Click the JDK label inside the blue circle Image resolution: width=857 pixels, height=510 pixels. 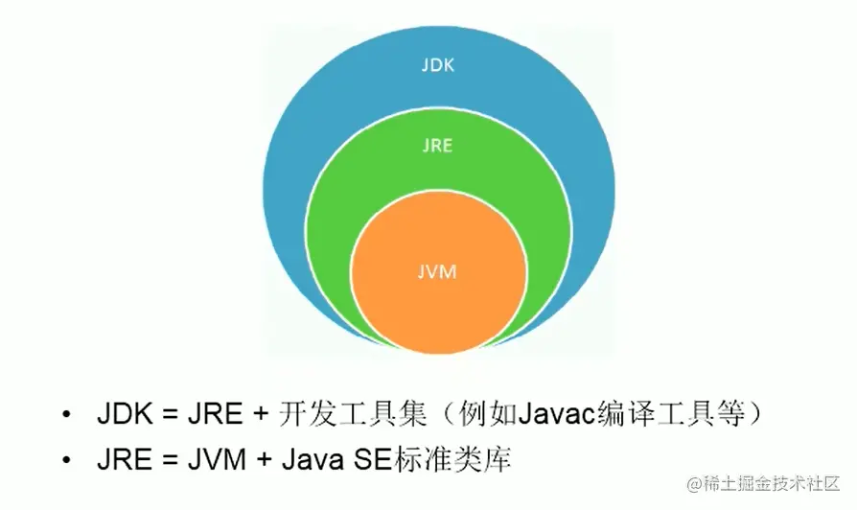click(438, 66)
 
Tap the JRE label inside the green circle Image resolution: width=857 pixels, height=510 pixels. click(438, 146)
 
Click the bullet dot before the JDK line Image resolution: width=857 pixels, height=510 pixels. click(65, 415)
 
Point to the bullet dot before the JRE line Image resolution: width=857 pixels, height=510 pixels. click(65, 460)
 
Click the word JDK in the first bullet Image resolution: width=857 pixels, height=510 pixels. click(121, 414)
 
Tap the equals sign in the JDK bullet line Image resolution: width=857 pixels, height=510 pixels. click(163, 415)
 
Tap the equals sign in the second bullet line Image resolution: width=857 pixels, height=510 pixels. click(161, 460)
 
